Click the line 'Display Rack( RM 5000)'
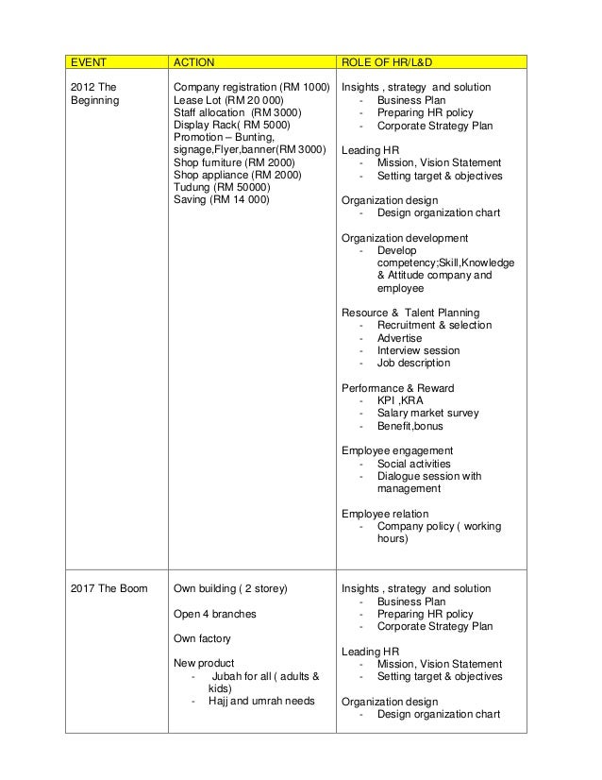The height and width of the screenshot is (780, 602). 232,125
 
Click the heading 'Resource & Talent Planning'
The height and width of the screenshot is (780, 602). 410,313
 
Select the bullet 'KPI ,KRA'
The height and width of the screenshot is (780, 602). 400,399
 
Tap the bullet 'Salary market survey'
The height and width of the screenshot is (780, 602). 427,413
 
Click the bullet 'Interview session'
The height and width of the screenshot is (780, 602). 419,350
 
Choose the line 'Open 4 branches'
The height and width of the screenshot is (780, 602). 215,614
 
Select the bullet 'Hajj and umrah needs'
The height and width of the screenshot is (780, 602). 260,701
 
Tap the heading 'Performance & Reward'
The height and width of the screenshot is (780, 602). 397,387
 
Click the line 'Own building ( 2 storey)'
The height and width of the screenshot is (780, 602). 231,589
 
